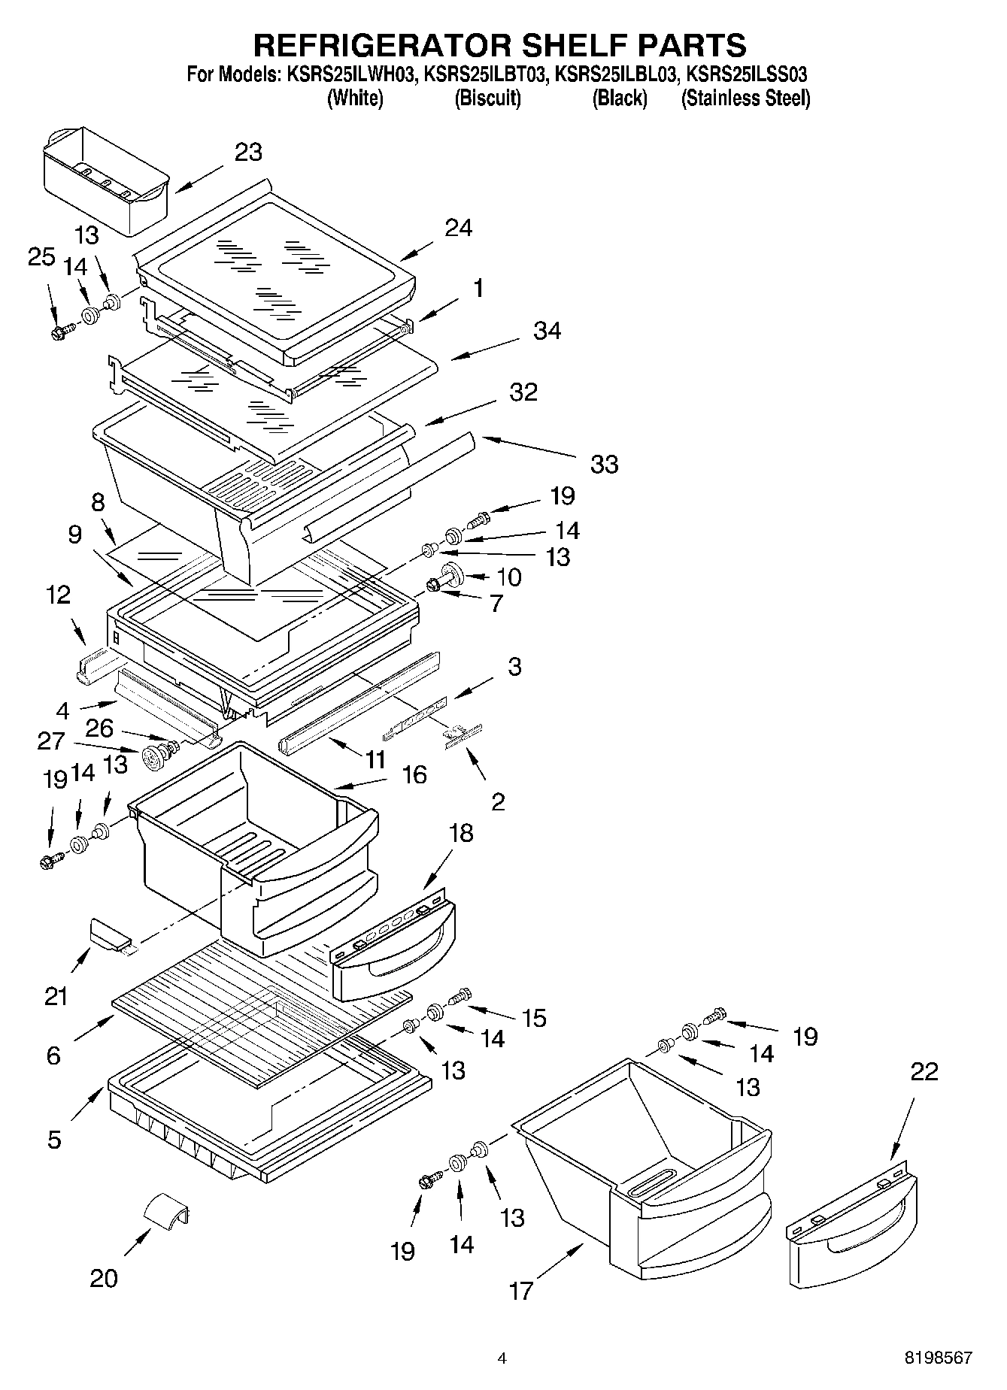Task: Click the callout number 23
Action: (x=248, y=152)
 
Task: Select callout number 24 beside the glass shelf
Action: (x=459, y=227)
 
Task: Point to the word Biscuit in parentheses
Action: (x=487, y=98)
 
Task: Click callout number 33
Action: (x=604, y=464)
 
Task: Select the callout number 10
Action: (x=509, y=577)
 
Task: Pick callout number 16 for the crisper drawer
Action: (x=414, y=774)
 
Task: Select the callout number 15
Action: (x=534, y=1018)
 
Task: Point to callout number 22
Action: (x=924, y=1071)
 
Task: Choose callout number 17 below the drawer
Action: (x=520, y=1292)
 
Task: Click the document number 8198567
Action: (x=938, y=1358)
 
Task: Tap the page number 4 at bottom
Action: (x=502, y=1358)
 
